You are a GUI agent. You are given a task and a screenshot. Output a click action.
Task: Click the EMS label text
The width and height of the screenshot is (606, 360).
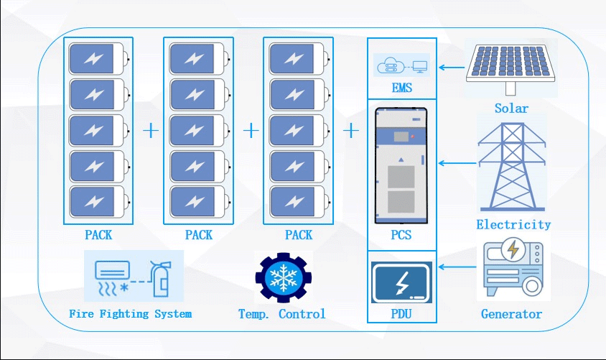point(402,88)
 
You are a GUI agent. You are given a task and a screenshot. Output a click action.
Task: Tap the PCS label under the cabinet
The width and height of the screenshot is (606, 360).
point(401,235)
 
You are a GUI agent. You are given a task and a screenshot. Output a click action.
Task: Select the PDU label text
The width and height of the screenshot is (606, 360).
point(401,313)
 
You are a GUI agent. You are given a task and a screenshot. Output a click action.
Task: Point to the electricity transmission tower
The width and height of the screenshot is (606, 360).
point(512,167)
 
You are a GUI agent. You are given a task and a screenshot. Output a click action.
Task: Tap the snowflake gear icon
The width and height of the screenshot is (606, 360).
point(284,277)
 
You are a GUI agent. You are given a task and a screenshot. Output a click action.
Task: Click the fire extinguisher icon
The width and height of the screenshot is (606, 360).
point(160,278)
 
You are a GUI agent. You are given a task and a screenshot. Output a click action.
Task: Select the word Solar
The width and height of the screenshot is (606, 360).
point(511,109)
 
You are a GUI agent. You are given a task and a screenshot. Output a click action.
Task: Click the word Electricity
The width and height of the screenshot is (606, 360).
point(513,224)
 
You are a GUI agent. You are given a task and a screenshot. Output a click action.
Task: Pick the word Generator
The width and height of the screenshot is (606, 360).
point(511,314)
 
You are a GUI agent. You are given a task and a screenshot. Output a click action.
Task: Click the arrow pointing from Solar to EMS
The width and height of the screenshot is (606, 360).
point(452,68)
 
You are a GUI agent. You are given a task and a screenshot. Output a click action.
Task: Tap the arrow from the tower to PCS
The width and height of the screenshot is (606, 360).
point(457,163)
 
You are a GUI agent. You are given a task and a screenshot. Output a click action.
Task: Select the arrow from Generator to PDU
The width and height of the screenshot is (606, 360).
point(457,267)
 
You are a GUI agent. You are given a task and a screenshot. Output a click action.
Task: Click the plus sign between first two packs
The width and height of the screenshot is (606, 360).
point(151,131)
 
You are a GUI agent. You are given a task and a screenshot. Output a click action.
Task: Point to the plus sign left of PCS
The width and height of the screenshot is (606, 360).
point(351,131)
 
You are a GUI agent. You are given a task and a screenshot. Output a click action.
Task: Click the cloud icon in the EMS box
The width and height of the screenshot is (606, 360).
point(388,65)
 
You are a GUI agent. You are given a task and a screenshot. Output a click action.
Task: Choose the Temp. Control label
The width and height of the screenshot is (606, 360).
point(282,314)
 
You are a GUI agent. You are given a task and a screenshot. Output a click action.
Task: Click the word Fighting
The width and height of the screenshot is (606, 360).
point(124,314)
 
